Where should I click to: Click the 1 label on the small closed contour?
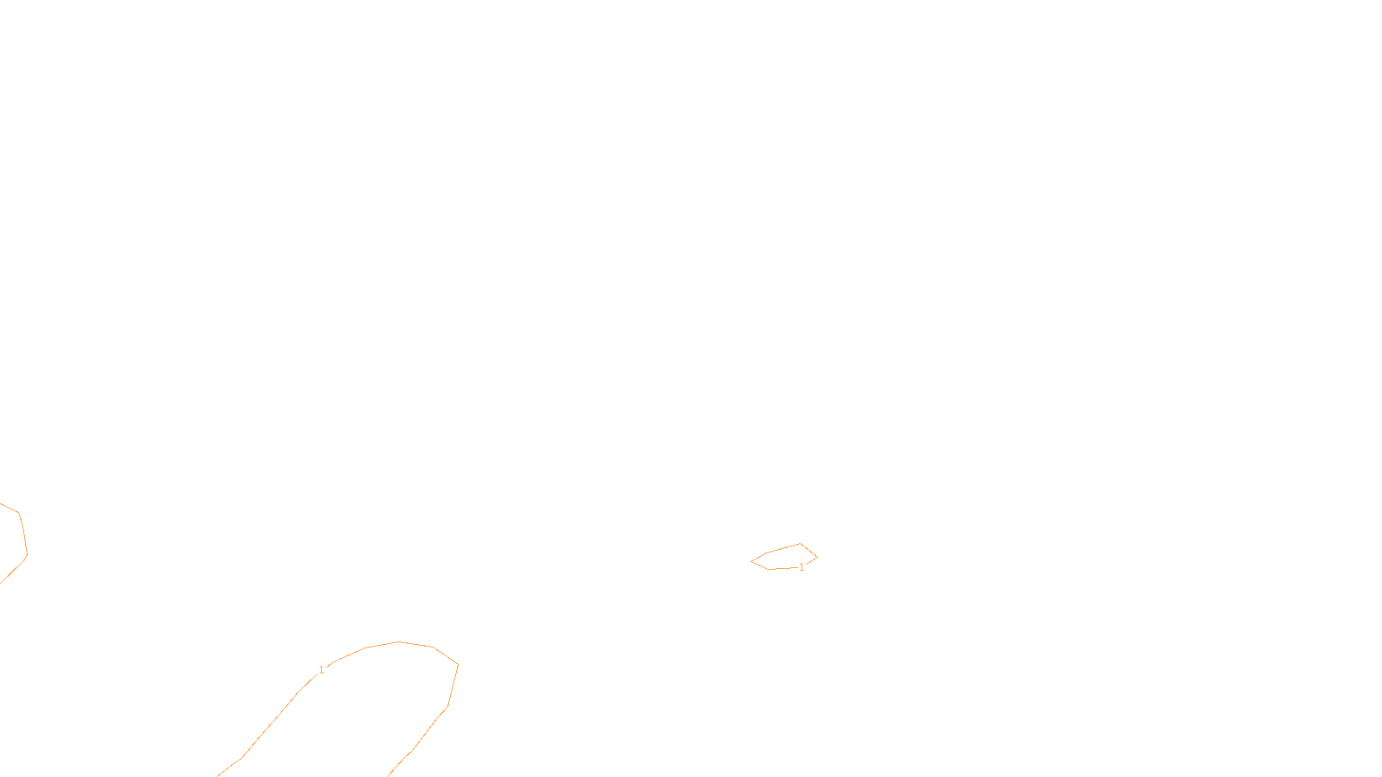coord(802,567)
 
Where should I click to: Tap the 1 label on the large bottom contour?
coord(321,670)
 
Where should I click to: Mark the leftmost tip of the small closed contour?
coord(751,562)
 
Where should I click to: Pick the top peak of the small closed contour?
coord(801,544)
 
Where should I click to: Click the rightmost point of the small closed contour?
coord(817,557)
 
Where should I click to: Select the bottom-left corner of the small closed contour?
coord(769,569)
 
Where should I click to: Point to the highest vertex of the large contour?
coord(399,641)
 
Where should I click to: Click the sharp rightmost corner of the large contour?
coord(458,664)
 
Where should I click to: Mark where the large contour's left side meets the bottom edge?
coord(218,775)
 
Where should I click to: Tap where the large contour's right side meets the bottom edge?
coord(389,775)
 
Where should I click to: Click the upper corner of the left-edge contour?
coord(18,513)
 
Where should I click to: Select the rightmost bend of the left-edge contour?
coord(27,555)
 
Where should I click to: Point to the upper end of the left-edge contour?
coord(1,504)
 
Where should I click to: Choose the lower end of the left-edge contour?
coord(1,582)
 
